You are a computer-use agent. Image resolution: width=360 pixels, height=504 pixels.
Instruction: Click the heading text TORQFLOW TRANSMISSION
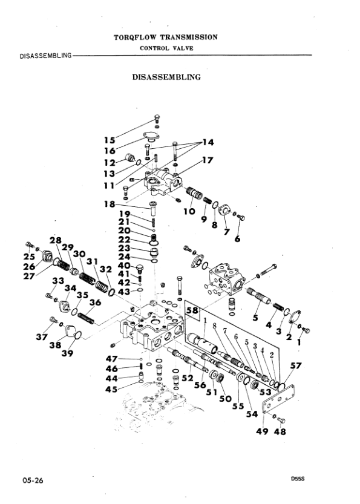click(x=166, y=37)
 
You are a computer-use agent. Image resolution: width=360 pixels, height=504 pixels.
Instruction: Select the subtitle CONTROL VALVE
click(x=166, y=48)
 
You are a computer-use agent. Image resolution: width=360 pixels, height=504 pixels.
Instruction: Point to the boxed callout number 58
click(x=192, y=311)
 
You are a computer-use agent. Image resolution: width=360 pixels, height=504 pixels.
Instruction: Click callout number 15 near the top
click(x=109, y=139)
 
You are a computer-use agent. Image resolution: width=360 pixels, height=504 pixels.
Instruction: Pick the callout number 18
click(x=109, y=204)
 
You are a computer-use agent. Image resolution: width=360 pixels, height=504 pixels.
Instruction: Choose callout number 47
click(x=111, y=358)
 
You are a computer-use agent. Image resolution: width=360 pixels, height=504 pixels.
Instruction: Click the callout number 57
click(x=296, y=366)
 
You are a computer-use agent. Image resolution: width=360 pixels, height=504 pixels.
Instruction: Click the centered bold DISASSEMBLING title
click(x=166, y=77)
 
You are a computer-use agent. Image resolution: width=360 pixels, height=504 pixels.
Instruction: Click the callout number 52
click(x=188, y=378)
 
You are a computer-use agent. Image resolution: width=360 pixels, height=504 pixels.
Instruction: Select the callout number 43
click(x=123, y=292)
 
